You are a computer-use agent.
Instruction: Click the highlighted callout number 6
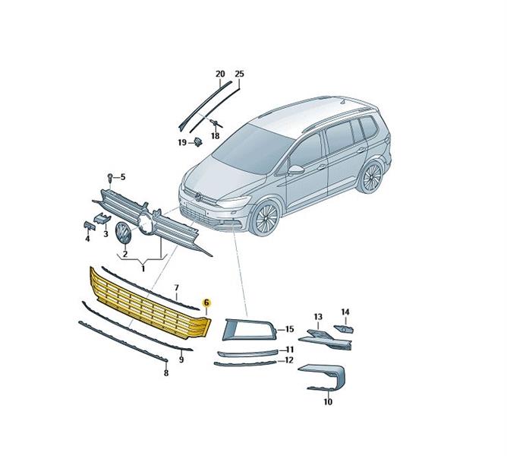206,302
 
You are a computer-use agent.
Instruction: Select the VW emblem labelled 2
123,233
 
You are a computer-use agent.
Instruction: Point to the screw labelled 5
110,177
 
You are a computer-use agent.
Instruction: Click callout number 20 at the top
220,74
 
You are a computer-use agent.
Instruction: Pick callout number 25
239,74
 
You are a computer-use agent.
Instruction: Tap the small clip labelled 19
197,141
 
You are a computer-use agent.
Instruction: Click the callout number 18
215,136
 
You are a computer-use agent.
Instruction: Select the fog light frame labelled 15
250,329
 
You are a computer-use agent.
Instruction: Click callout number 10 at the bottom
328,401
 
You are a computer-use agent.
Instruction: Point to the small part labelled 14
344,329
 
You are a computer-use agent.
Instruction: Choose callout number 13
318,316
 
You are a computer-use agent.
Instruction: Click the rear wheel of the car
371,177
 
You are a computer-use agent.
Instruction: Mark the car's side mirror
297,169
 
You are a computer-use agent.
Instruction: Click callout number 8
166,373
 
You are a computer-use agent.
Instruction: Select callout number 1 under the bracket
143,269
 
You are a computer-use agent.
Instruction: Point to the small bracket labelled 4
90,226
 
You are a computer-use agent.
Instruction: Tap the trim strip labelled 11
247,353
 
